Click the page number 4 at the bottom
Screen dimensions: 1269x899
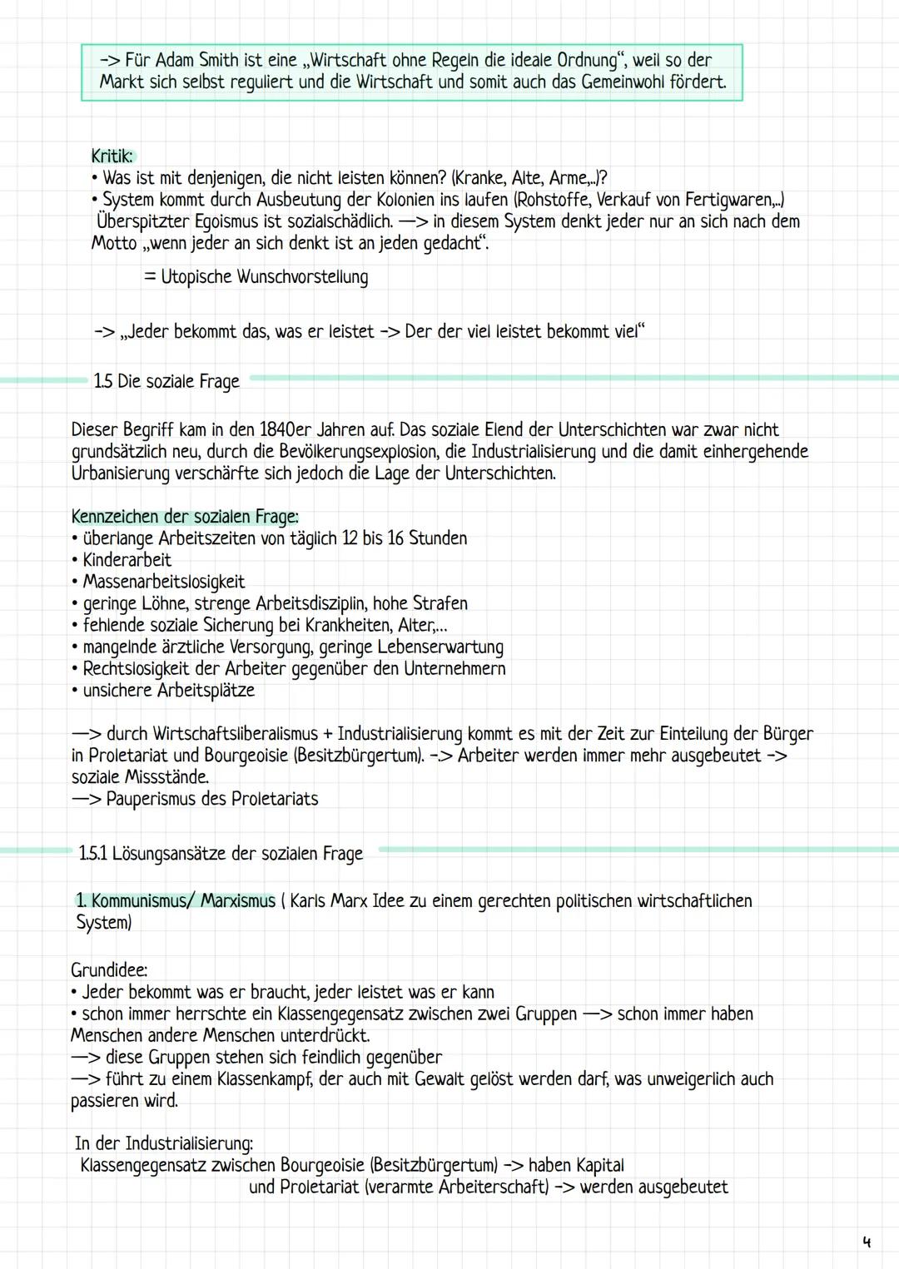point(867,1242)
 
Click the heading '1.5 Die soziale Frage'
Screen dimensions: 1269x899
point(166,381)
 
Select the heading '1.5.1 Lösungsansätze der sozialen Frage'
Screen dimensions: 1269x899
point(221,854)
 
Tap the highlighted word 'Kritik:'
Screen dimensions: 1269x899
point(112,156)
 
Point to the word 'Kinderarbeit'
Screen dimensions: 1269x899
point(127,560)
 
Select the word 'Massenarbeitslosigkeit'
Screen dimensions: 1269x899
point(163,582)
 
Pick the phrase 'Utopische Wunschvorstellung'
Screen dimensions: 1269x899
point(264,277)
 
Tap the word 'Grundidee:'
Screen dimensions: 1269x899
point(109,970)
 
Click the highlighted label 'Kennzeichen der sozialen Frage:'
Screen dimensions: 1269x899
point(185,517)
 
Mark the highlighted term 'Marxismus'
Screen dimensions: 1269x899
point(238,901)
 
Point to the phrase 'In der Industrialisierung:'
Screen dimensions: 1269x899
point(164,1143)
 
